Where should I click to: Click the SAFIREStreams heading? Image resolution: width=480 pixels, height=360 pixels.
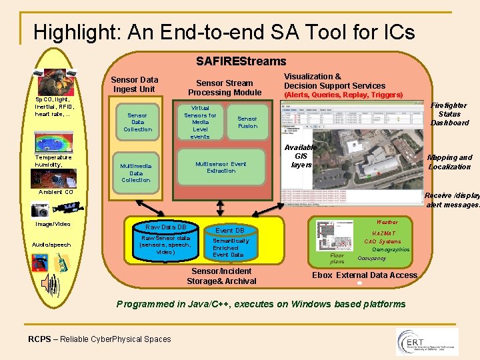click(241, 61)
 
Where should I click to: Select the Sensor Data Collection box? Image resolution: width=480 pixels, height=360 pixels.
click(137, 122)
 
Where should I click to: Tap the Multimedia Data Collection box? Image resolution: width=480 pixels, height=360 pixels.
click(136, 173)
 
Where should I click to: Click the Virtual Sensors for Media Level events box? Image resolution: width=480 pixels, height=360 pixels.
click(200, 122)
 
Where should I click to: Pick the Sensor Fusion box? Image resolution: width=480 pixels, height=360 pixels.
click(247, 122)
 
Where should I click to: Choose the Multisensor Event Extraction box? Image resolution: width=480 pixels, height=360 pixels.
click(221, 167)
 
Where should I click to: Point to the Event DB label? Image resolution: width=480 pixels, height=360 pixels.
click(229, 231)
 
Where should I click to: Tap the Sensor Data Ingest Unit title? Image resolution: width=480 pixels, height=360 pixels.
click(135, 85)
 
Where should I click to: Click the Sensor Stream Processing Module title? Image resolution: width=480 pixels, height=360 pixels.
click(224, 87)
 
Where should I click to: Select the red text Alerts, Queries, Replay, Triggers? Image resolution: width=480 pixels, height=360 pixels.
click(343, 95)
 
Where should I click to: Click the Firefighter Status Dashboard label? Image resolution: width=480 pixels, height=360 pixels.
click(449, 114)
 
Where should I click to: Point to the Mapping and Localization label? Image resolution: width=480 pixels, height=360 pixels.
click(449, 162)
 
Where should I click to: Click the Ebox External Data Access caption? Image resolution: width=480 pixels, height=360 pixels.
click(365, 275)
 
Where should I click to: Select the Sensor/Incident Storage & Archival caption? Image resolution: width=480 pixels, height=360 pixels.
click(221, 276)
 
